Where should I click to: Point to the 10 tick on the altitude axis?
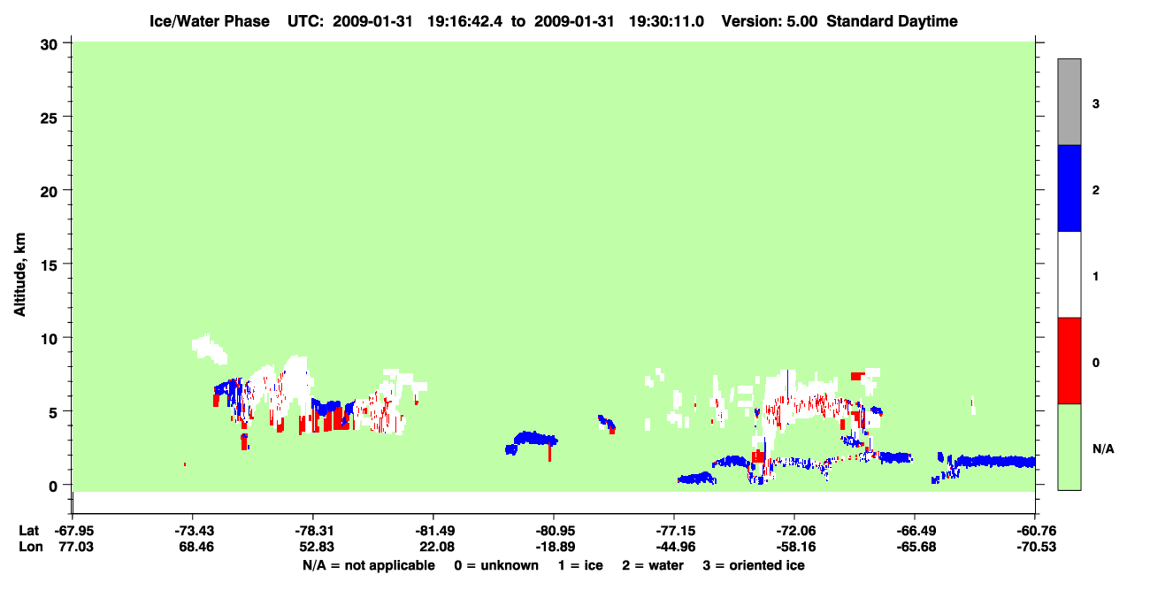tap(66, 337)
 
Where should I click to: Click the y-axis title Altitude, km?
tap(19, 275)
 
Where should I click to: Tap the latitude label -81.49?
tap(433, 531)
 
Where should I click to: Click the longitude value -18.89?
tap(556, 547)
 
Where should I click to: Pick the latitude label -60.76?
tap(1036, 531)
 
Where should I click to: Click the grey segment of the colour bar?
tap(1069, 102)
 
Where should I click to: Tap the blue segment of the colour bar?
tap(1069, 188)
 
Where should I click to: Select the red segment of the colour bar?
tap(1069, 361)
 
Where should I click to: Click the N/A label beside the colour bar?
tap(1103, 449)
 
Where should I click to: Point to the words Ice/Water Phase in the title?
tap(210, 21)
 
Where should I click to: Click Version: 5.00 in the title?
tap(769, 21)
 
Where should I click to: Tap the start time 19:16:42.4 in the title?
tap(464, 21)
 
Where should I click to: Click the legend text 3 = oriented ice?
tap(754, 565)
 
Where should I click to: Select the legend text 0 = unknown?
tap(496, 565)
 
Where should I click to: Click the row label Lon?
tap(31, 547)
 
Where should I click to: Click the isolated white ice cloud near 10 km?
tap(209, 349)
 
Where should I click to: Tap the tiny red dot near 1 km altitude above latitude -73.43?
tap(185, 464)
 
